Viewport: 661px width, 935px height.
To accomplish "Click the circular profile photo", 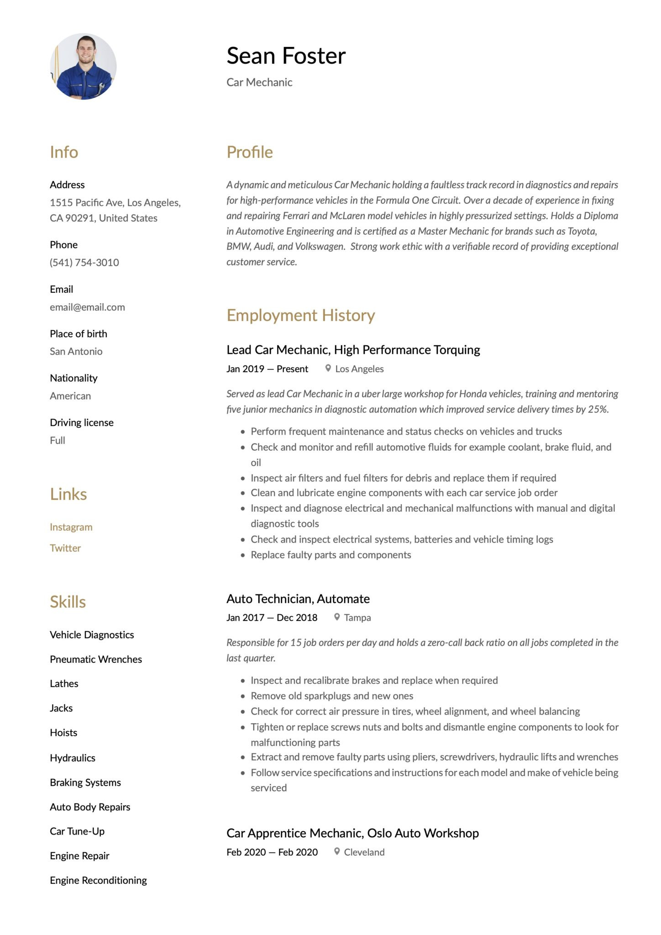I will [x=83, y=67].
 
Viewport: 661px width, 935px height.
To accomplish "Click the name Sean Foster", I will [x=286, y=56].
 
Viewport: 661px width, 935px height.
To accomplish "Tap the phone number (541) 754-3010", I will [x=84, y=263].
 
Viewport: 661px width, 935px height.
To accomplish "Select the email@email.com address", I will [x=87, y=307].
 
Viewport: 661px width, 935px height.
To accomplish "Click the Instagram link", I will [x=71, y=527].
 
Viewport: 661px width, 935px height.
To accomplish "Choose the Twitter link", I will [x=65, y=548].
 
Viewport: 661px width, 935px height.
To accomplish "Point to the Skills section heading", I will [x=68, y=602].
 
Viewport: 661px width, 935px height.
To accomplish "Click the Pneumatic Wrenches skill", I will [x=96, y=659].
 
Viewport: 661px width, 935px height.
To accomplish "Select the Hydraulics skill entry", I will [x=73, y=758].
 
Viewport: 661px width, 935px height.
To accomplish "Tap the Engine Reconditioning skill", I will [x=98, y=880].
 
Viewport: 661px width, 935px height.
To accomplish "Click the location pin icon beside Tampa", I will [x=337, y=617].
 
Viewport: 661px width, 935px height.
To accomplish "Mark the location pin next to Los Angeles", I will [x=328, y=368].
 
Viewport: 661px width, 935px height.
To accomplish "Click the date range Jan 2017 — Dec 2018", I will [x=272, y=618].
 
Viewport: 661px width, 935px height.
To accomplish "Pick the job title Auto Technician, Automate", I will [x=298, y=599].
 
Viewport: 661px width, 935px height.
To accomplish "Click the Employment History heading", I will [x=300, y=315].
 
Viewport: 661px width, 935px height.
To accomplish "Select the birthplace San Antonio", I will [x=76, y=352].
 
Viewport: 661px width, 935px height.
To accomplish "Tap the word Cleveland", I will [x=364, y=852].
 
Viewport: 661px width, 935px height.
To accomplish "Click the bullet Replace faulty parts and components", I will [x=330, y=555].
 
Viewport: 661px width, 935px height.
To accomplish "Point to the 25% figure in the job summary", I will [x=598, y=409].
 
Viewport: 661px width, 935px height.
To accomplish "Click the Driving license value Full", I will [x=58, y=441].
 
